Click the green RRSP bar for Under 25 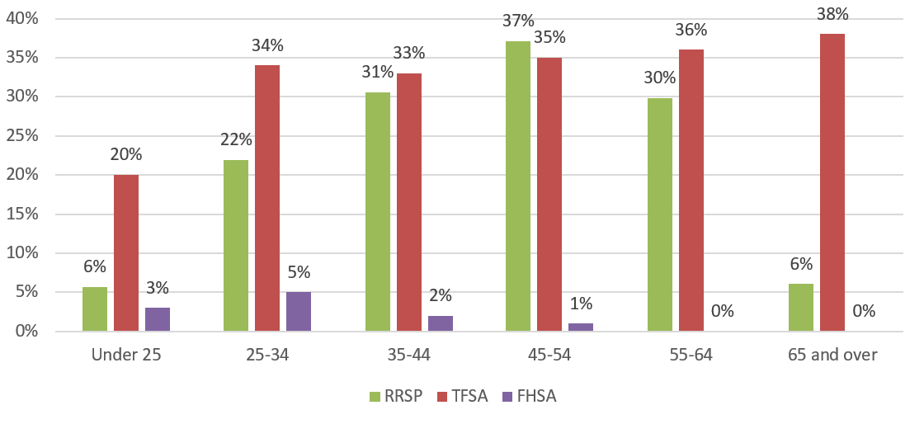pos(95,309)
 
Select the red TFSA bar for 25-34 pos(267,198)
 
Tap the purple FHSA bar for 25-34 pos(299,311)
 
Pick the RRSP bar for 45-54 pos(518,186)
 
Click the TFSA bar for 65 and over pos(832,182)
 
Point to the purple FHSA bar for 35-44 pos(440,323)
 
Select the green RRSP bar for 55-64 pos(660,214)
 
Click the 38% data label pos(832,14)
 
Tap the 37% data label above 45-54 pos(518,21)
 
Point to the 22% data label pos(236,140)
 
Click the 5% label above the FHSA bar pos(299,272)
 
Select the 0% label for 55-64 pos(723,311)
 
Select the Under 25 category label pos(126,355)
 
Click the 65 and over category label pos(832,355)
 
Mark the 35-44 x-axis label pos(408,355)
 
